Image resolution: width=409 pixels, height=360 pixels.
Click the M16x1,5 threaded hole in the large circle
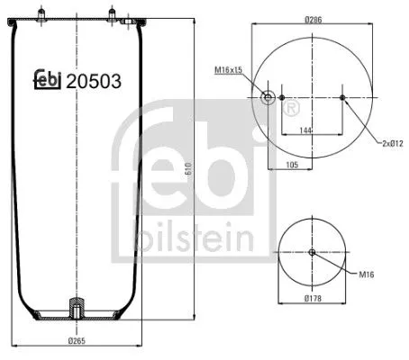[x=268, y=97]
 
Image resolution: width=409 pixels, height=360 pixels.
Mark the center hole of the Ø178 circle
[x=312, y=252]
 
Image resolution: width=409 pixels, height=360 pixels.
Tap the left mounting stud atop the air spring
[x=42, y=13]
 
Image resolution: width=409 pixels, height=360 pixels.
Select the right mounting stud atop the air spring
[x=113, y=13]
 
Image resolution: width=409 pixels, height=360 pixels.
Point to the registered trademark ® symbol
[x=292, y=109]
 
